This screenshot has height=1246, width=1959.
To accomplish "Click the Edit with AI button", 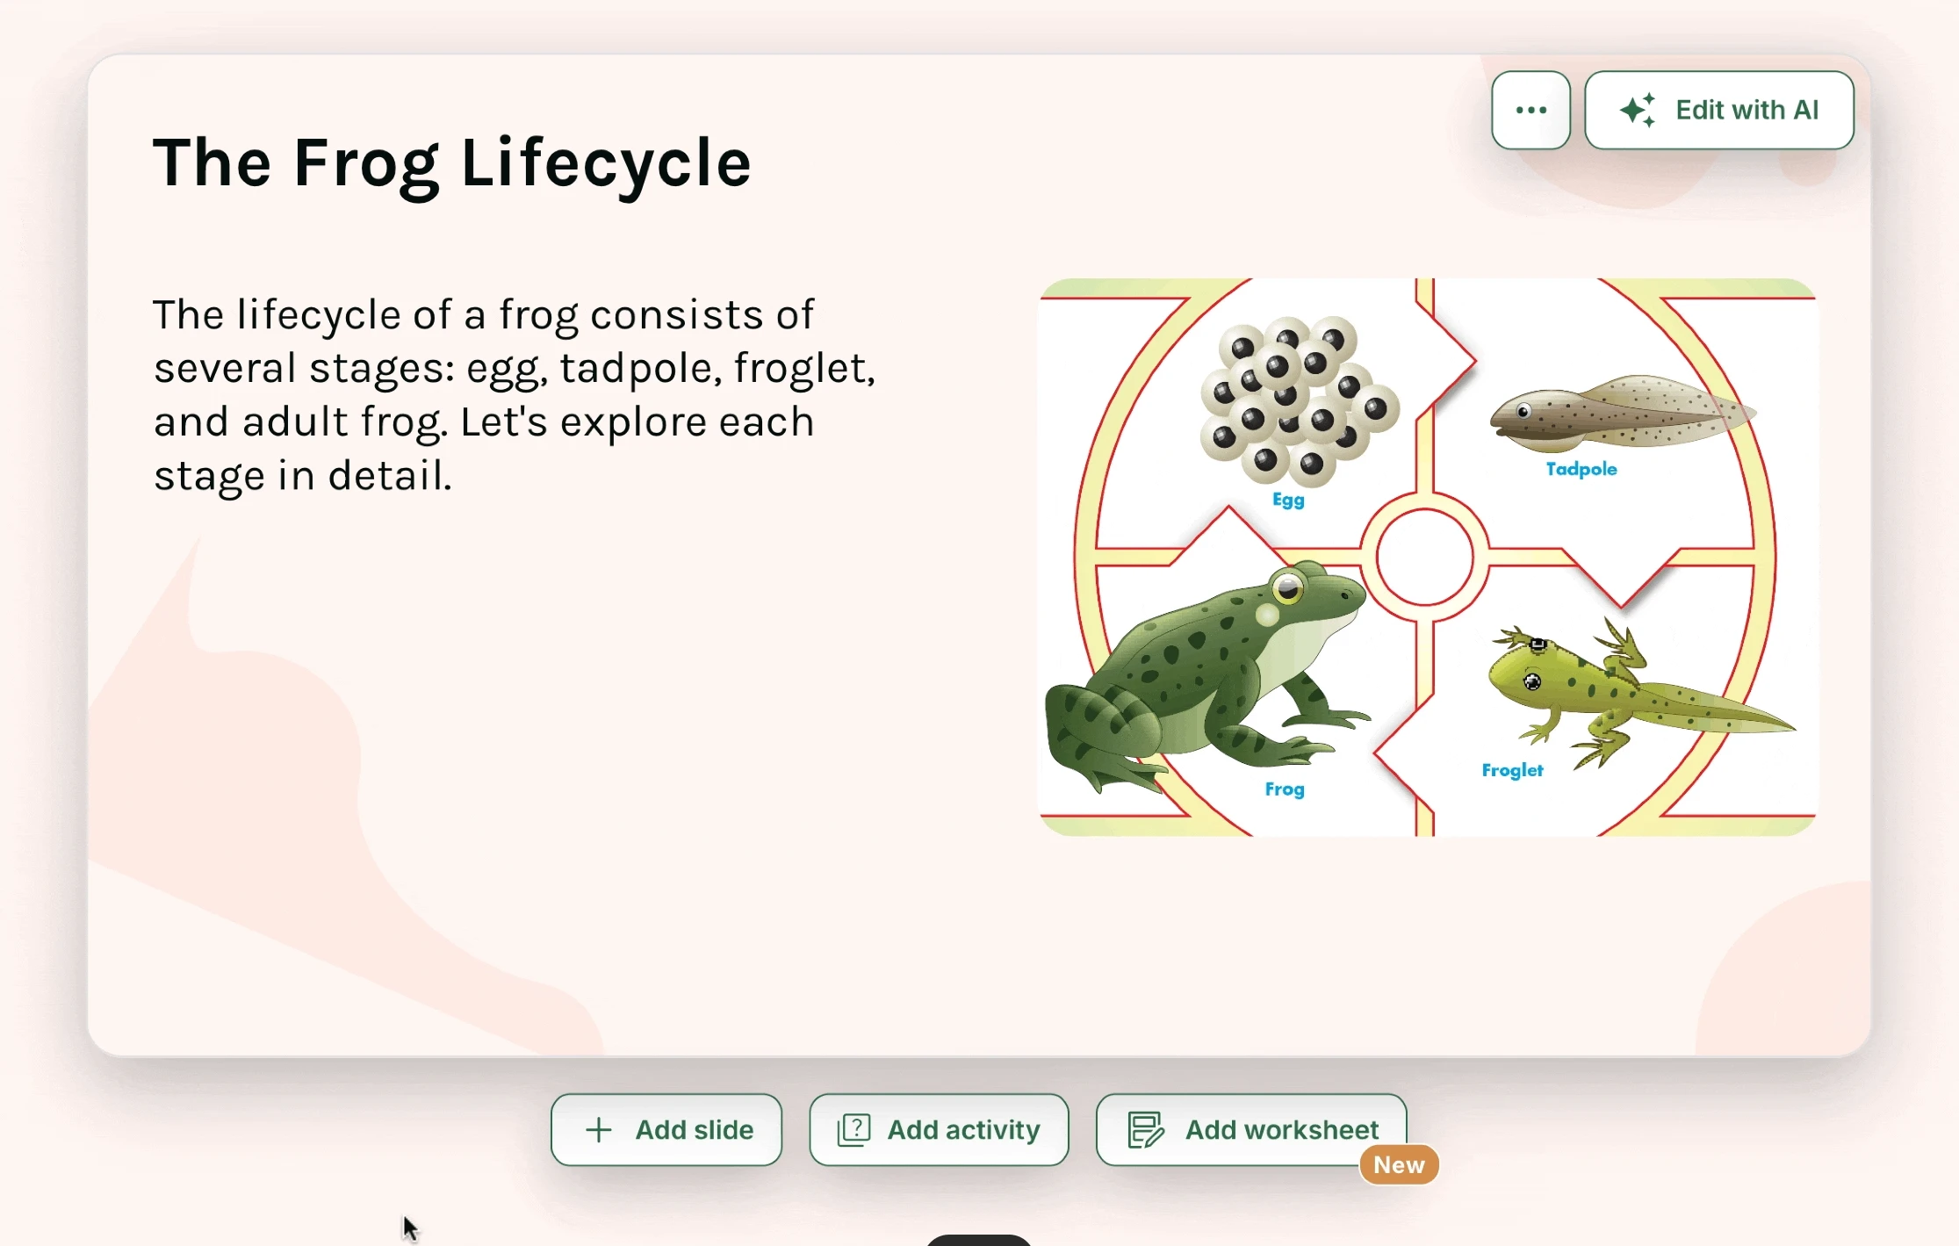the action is [1718, 110].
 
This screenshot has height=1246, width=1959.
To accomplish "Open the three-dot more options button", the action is [1530, 110].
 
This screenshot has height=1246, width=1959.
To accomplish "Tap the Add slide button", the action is [666, 1129].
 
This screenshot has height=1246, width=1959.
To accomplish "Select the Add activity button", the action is [939, 1129].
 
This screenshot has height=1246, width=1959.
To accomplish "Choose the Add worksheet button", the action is [1251, 1129].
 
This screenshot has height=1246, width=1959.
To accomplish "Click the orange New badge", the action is [1399, 1164].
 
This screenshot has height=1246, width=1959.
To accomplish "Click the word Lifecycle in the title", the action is [606, 163].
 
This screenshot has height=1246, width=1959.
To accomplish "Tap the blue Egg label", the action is [1288, 500].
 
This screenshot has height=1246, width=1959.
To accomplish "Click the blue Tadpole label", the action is [1581, 469].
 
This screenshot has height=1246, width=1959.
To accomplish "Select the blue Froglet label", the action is [1512, 770].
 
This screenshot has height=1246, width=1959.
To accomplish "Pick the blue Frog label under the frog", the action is [1285, 789].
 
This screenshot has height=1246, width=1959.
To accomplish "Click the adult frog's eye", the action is [1288, 588].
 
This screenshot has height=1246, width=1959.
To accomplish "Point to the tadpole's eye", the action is [1523, 411].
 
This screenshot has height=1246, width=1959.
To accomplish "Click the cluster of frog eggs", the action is [1300, 400].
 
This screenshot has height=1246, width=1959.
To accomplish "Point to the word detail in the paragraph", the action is [390, 476].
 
